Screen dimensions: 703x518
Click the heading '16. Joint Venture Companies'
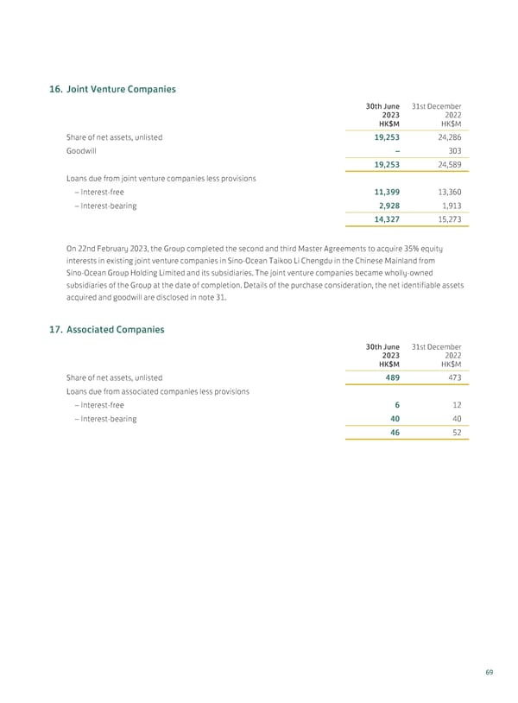pos(114,89)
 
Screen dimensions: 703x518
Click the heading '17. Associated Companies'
pos(108,329)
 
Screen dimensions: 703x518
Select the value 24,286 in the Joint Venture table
pos(445,136)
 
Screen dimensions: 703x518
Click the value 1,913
pos(447,206)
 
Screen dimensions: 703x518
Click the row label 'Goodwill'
pos(81,150)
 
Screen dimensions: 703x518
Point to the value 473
pos(451,377)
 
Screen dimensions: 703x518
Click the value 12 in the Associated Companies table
pos(456,404)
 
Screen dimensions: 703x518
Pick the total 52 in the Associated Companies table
pos(456,432)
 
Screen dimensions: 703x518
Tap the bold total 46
pos(393,432)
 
